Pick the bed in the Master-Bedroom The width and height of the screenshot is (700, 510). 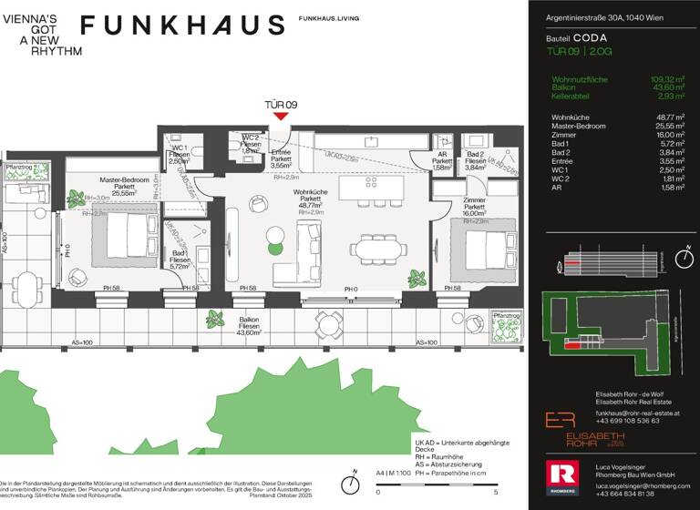(x=121, y=238)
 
